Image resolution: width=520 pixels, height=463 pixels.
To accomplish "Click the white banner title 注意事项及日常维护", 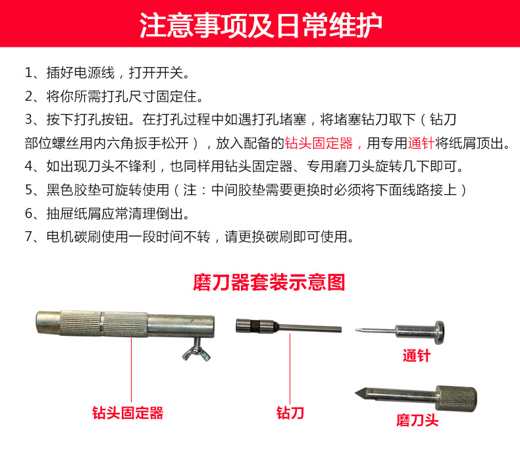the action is click(261, 26).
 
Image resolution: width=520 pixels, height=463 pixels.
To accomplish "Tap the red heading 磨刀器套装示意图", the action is click(269, 283).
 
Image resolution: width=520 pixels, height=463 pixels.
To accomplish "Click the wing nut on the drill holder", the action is click(196, 350).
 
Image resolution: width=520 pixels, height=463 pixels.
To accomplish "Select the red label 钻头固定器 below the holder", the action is click(128, 413).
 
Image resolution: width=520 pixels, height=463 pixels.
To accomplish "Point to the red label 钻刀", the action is click(290, 413).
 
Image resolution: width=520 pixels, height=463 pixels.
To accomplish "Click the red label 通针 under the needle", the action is click(417, 356).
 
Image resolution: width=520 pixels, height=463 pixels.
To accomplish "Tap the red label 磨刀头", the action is click(417, 420).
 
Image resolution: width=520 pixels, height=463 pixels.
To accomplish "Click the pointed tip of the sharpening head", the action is click(356, 393).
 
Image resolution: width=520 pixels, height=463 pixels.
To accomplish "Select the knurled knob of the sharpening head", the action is click(457, 398).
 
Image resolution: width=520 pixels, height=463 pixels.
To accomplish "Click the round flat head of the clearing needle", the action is click(439, 333).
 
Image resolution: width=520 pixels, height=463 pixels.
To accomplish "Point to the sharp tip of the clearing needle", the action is click(357, 330).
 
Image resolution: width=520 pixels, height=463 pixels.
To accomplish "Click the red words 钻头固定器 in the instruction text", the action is click(319, 143).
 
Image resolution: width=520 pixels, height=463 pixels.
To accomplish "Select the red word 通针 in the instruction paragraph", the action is click(421, 143).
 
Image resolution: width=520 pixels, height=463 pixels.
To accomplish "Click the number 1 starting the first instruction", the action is click(28, 72).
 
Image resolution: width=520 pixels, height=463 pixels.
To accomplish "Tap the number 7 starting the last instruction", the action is click(28, 236).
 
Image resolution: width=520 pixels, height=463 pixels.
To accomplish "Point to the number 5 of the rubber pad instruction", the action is click(28, 190).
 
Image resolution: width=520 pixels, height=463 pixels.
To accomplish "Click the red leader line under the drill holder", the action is click(132, 370).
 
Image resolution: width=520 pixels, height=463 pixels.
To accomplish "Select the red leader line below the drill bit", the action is click(290, 368).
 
